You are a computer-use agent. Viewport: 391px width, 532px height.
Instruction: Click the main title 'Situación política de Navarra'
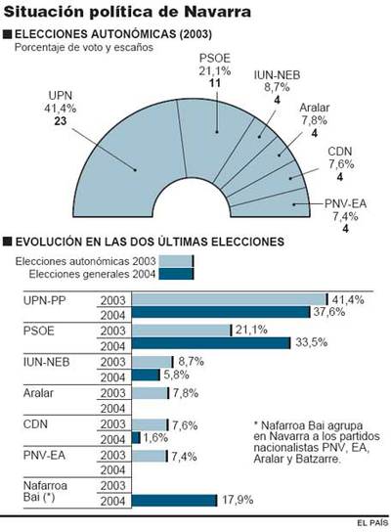[x=126, y=12]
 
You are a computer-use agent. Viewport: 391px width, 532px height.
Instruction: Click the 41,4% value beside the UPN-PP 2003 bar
[x=349, y=299]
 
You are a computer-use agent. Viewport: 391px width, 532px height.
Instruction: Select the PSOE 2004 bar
[x=210, y=344]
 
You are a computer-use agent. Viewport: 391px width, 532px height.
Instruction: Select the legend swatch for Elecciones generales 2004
[x=176, y=274]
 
